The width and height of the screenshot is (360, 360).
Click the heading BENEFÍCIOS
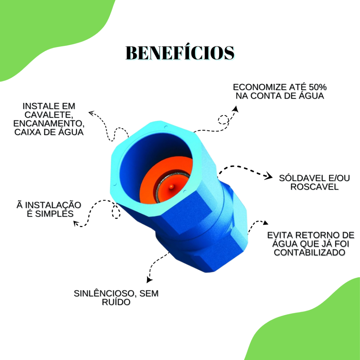180,53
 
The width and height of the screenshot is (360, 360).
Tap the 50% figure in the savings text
318,87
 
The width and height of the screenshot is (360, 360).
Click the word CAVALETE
49,115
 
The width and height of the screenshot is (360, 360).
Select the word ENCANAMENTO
49,123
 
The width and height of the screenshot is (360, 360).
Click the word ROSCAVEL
314,187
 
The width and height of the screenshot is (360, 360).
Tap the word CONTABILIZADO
309,252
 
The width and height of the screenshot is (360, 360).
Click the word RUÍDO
116,302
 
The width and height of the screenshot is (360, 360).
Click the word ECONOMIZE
260,87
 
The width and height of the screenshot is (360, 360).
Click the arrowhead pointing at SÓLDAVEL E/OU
269,176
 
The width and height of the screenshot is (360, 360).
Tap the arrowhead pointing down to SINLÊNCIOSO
149,280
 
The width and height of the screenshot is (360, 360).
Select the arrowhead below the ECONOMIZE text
236,109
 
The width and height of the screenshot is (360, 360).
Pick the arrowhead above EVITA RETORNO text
265,223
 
